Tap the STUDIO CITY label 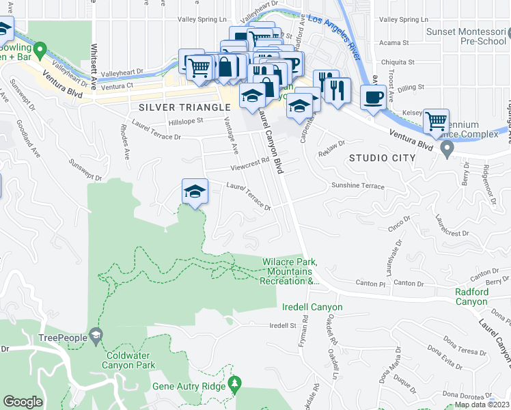click(382, 158)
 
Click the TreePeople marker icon click(96, 335)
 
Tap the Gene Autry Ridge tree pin click(235, 384)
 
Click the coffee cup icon click(373, 97)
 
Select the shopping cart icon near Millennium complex click(436, 122)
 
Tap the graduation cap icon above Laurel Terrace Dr click(195, 191)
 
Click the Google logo click(23, 401)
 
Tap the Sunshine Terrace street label click(354, 185)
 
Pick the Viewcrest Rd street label click(249, 165)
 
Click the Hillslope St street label click(186, 121)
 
